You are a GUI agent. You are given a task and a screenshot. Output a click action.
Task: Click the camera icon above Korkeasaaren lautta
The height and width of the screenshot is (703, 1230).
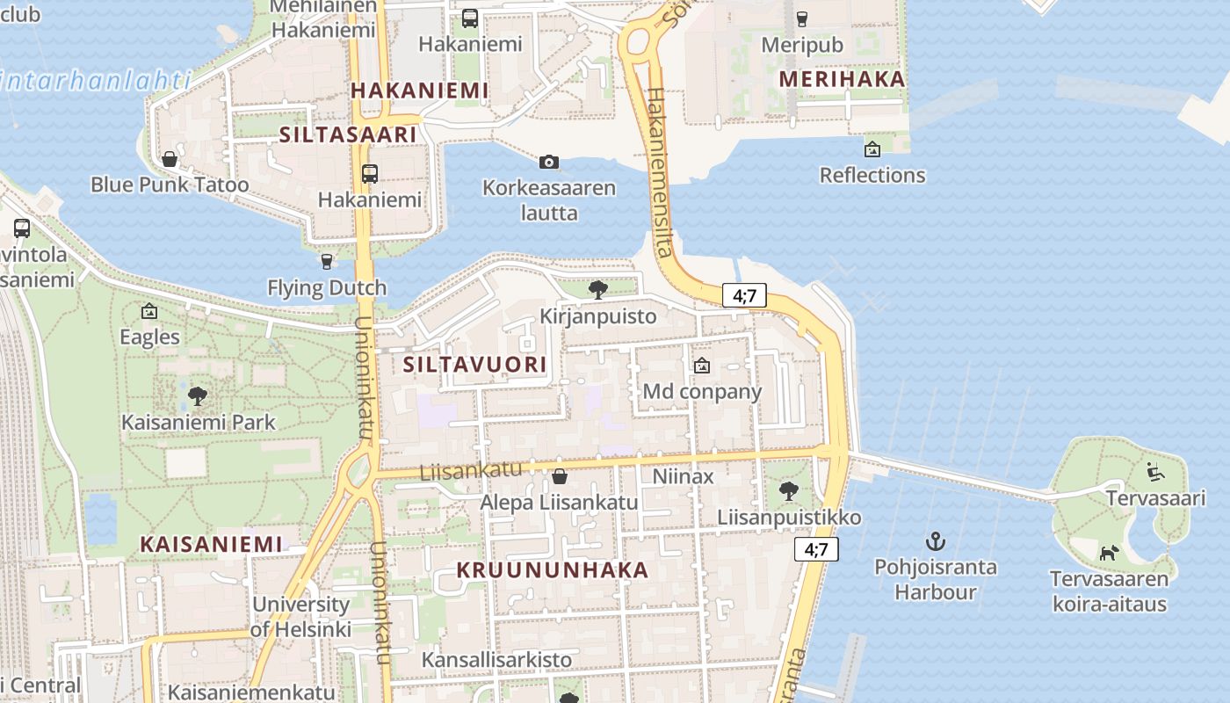click(x=549, y=162)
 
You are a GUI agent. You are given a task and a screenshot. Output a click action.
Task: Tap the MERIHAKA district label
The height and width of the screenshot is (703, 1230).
click(x=842, y=79)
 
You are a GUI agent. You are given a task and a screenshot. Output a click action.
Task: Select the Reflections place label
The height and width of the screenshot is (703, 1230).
click(x=872, y=175)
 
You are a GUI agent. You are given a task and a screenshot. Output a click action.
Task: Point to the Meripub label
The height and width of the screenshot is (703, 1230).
click(x=802, y=45)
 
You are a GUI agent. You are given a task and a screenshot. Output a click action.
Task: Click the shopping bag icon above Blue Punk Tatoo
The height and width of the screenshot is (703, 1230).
click(x=170, y=159)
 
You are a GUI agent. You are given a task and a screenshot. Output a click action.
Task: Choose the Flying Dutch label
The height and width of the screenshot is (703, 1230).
click(x=327, y=287)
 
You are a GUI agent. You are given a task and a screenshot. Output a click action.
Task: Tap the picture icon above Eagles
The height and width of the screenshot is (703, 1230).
click(x=149, y=311)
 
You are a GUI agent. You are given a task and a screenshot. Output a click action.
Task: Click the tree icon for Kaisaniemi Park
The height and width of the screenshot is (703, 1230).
click(x=198, y=395)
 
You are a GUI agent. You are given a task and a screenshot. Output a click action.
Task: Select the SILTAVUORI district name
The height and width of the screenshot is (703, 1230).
click(x=474, y=364)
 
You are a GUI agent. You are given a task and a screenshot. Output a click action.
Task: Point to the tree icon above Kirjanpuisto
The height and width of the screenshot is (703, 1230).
click(x=598, y=289)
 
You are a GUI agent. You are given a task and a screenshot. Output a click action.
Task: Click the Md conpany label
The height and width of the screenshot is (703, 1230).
click(x=702, y=391)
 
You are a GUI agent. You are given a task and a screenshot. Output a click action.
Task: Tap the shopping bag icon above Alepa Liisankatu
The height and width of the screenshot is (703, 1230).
click(x=559, y=476)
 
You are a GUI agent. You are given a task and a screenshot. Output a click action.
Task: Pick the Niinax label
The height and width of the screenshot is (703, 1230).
click(x=683, y=476)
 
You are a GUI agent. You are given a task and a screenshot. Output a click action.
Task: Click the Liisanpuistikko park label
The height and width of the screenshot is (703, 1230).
click(x=789, y=517)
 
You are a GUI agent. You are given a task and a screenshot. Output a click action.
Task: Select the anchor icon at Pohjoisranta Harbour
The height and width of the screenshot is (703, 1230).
click(x=936, y=540)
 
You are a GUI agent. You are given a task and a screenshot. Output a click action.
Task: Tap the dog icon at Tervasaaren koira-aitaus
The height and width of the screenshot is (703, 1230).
click(x=1109, y=553)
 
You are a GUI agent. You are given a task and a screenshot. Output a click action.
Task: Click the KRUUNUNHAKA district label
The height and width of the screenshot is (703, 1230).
click(x=553, y=569)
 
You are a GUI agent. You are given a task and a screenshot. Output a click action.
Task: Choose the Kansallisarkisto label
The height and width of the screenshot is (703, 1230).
click(x=496, y=659)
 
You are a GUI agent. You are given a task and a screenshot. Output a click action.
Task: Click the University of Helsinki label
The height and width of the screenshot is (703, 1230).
click(x=300, y=617)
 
